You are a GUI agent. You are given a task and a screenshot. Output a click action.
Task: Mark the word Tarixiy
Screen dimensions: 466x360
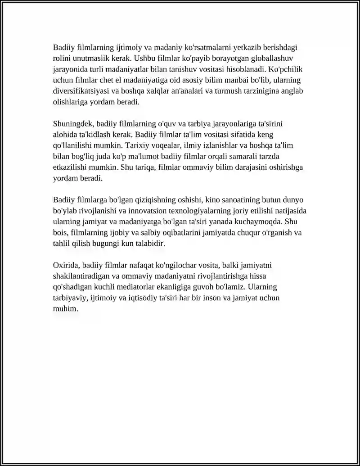pos(137,146)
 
